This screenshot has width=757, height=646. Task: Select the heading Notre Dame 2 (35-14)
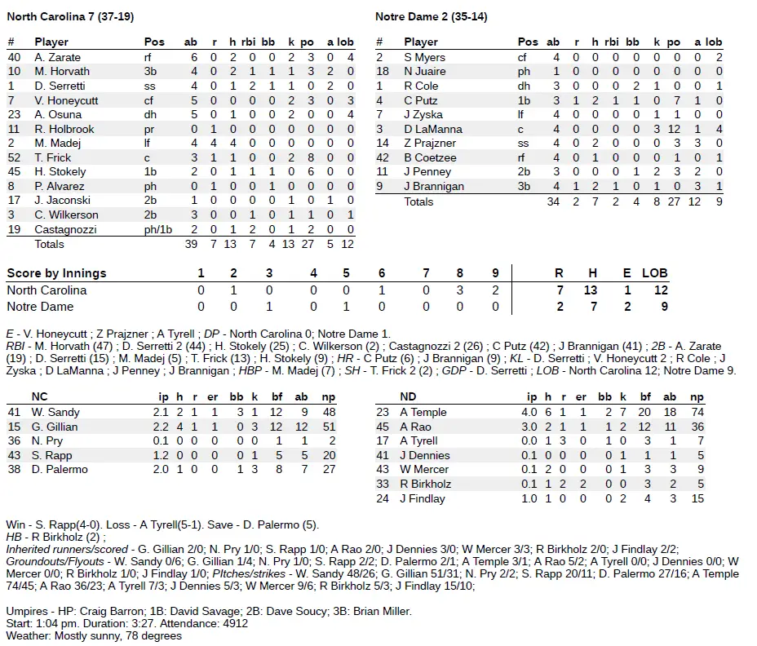pyautogui.click(x=431, y=16)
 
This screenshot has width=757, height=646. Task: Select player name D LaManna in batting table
pyautogui.click(x=432, y=129)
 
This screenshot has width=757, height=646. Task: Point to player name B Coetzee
pyautogui.click(x=430, y=157)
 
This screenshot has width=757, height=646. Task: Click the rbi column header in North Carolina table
pyautogui.click(x=250, y=42)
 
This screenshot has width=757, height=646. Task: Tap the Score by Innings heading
pyautogui.click(x=56, y=273)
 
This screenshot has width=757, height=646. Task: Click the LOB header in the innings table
pyautogui.click(x=654, y=273)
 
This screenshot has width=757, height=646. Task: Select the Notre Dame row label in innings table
pyautogui.click(x=40, y=307)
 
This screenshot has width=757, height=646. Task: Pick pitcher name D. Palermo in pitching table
pyautogui.click(x=60, y=470)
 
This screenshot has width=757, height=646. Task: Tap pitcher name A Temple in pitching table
pyautogui.click(x=423, y=413)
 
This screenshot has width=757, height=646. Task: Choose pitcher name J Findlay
pyautogui.click(x=423, y=498)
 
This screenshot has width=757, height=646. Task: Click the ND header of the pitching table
pyautogui.click(x=408, y=397)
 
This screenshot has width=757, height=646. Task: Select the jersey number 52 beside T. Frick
pyautogui.click(x=14, y=157)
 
